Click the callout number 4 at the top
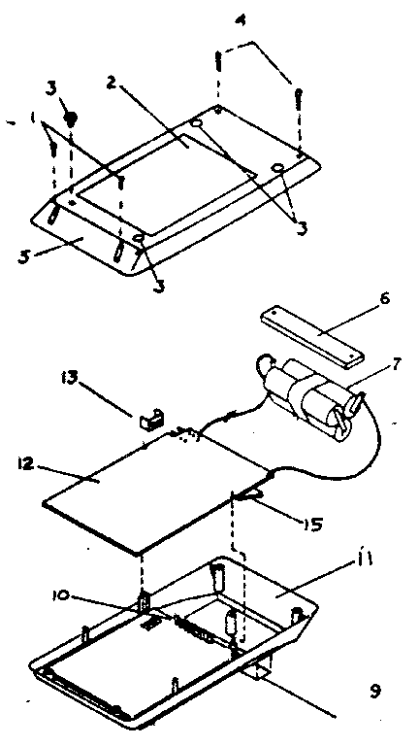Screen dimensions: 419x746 [x=241, y=22]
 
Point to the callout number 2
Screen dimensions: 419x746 [x=111, y=83]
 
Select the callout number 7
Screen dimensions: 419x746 [x=396, y=364]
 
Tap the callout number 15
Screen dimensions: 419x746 [x=313, y=525]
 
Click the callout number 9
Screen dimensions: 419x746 [x=375, y=691]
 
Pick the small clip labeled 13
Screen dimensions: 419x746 [x=151, y=420]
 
